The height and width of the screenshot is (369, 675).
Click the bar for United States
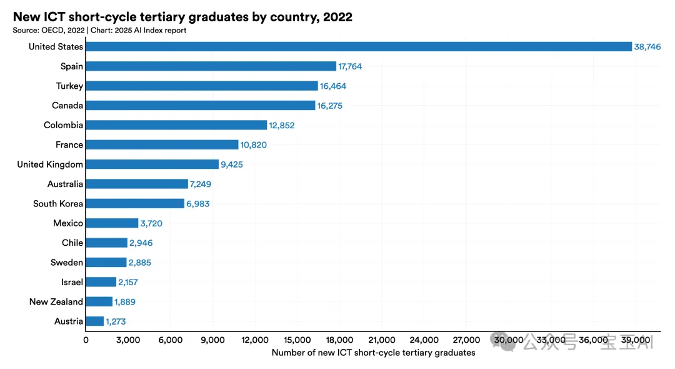pos(359,46)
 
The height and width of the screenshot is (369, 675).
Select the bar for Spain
pos(211,66)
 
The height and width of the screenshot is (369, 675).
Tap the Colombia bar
pos(176,125)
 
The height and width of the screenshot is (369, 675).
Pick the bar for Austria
pos(95,321)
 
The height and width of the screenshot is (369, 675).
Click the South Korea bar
pos(135,204)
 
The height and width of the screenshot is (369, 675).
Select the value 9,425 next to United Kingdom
pos(232,164)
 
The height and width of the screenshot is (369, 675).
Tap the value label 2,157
pos(128,282)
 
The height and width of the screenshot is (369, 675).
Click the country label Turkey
pos(69,86)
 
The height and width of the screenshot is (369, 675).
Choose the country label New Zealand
pos(56,302)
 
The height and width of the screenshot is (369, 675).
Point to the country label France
pos(69,145)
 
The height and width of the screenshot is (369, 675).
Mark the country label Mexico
pos(68,223)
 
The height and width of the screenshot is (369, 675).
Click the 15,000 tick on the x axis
pos(297,340)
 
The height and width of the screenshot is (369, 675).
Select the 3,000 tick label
pos(127,340)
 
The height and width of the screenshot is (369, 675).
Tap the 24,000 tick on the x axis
pos(424,340)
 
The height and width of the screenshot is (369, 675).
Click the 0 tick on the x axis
pos(86,340)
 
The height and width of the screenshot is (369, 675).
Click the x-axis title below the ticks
pos(373,353)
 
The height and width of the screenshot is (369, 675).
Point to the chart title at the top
pos(182,17)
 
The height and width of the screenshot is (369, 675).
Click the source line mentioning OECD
pos(99,30)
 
